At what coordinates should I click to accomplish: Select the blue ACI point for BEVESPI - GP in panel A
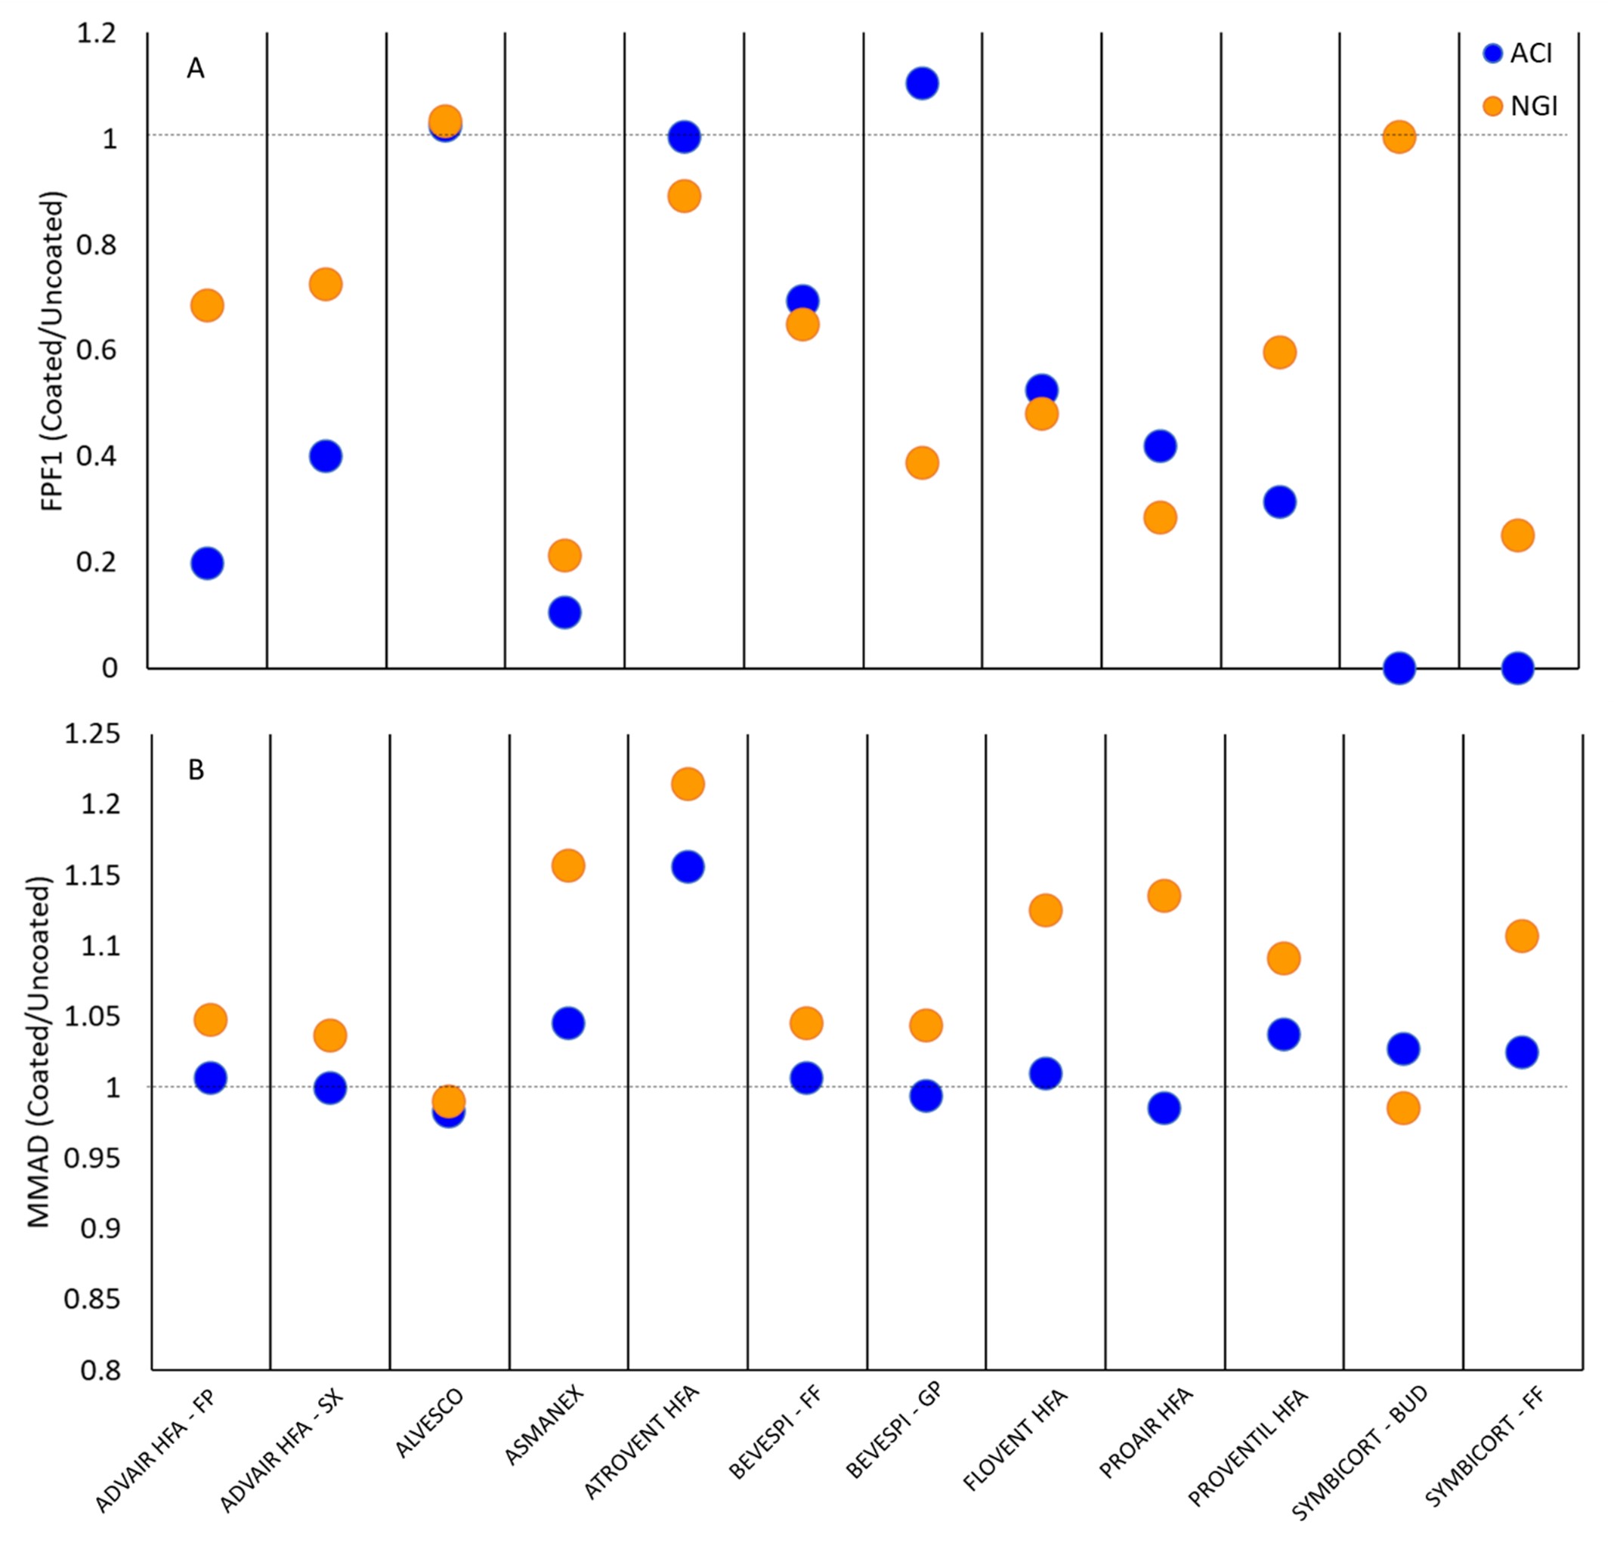coord(923,83)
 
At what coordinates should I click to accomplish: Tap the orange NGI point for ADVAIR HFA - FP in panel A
coord(207,306)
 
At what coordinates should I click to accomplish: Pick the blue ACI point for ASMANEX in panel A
coord(564,613)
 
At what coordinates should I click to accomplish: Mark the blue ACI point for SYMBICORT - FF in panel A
coord(1517,668)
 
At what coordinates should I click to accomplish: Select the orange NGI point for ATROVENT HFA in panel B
coord(688,783)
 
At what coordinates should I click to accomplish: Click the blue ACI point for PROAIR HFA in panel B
coord(1164,1108)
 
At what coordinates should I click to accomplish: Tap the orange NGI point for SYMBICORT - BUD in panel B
coord(1403,1108)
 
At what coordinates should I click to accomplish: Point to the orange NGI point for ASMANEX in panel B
coord(568,866)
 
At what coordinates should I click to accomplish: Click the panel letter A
coord(195,68)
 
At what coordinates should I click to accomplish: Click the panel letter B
coord(196,770)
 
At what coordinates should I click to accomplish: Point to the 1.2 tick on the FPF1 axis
coord(97,34)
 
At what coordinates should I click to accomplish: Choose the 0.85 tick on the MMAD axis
coord(91,1300)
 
